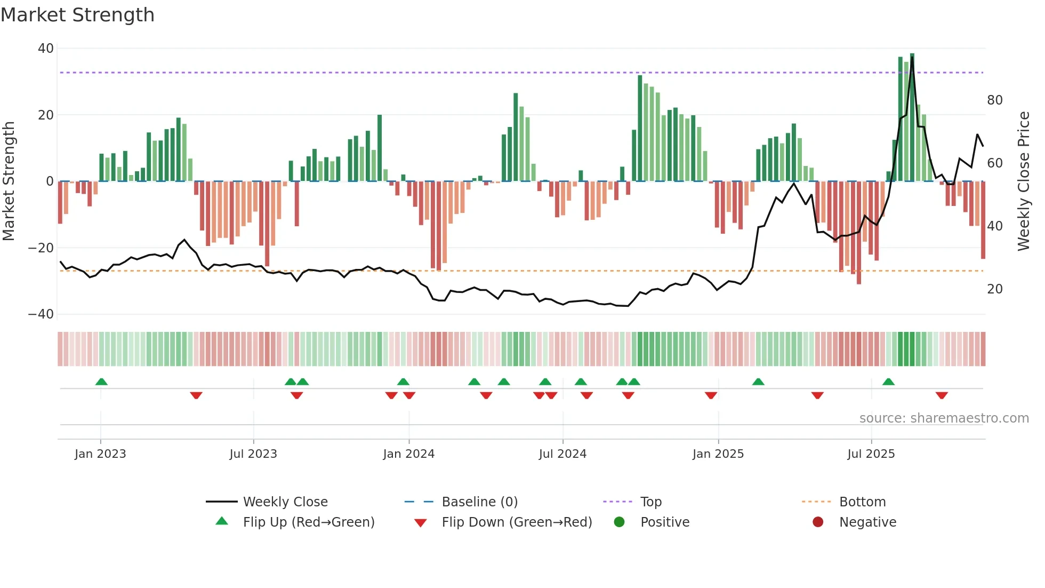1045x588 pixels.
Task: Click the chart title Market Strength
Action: click(x=77, y=15)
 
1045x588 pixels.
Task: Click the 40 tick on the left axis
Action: click(x=46, y=49)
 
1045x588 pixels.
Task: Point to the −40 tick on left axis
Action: click(x=42, y=314)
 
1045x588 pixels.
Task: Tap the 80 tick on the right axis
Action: click(x=994, y=100)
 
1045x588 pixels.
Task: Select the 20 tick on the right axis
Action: click(x=994, y=289)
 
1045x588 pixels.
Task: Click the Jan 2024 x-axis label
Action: click(x=408, y=454)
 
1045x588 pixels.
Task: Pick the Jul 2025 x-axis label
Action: click(x=871, y=454)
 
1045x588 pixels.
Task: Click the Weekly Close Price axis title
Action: click(x=1023, y=181)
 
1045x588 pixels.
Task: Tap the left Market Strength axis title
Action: click(x=9, y=181)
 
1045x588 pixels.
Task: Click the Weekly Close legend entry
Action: click(x=285, y=502)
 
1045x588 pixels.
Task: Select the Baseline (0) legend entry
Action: click(x=479, y=502)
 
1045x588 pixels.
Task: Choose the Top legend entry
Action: click(x=650, y=502)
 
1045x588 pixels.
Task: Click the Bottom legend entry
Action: click(x=862, y=502)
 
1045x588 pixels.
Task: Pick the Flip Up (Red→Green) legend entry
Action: click(x=308, y=522)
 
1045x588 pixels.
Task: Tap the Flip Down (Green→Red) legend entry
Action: click(x=516, y=522)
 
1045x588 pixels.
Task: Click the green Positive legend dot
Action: click(x=619, y=522)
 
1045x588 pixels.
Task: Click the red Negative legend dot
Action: click(x=818, y=522)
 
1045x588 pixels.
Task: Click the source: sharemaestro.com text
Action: click(x=944, y=418)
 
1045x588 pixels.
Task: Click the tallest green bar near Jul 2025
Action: click(x=912, y=117)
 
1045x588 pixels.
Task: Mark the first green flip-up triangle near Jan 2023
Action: click(x=101, y=382)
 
